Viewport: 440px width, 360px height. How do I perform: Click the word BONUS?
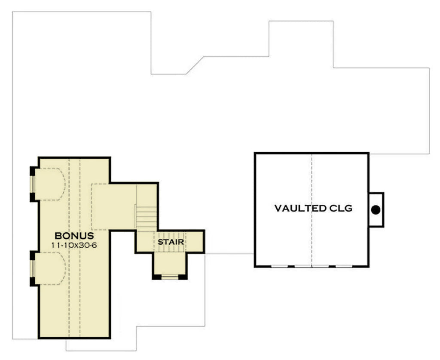[74, 236]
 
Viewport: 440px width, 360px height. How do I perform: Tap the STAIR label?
[171, 242]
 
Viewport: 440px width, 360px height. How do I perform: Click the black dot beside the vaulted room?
[376, 210]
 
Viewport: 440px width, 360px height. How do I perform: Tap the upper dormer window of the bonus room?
[32, 184]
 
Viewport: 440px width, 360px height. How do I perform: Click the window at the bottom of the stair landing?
[170, 277]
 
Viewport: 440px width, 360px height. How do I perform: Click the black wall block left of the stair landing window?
[157, 277]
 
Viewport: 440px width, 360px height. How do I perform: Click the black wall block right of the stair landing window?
[183, 277]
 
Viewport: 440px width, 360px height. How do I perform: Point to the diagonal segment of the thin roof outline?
[195, 65]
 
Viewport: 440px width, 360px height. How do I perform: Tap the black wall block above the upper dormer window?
[32, 171]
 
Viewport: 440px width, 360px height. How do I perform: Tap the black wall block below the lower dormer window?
[32, 282]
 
